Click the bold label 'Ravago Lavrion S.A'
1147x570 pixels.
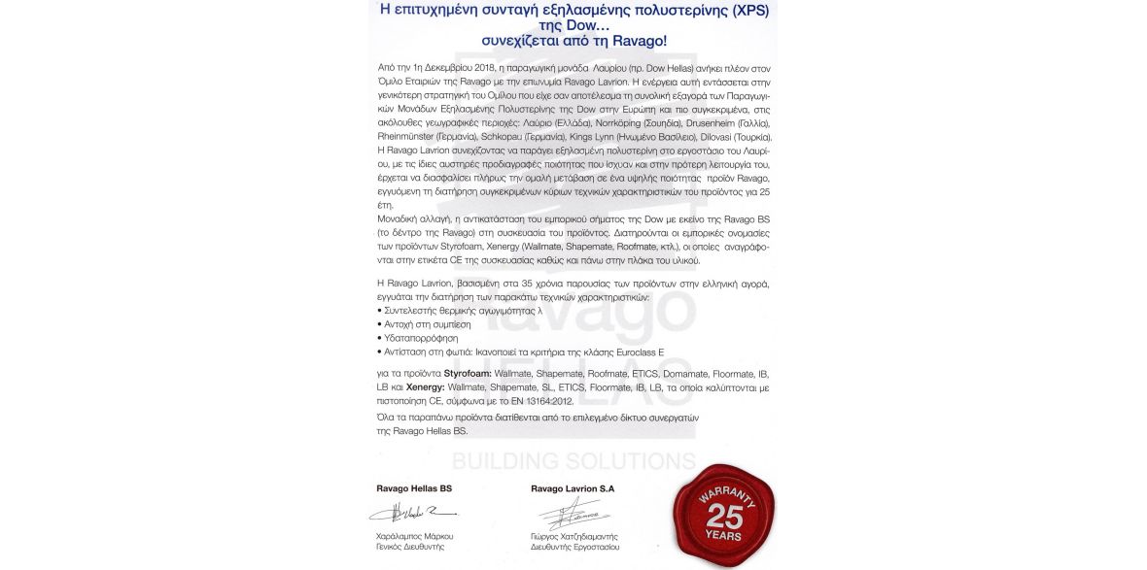[x=573, y=487]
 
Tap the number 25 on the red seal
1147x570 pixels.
[x=724, y=518]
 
